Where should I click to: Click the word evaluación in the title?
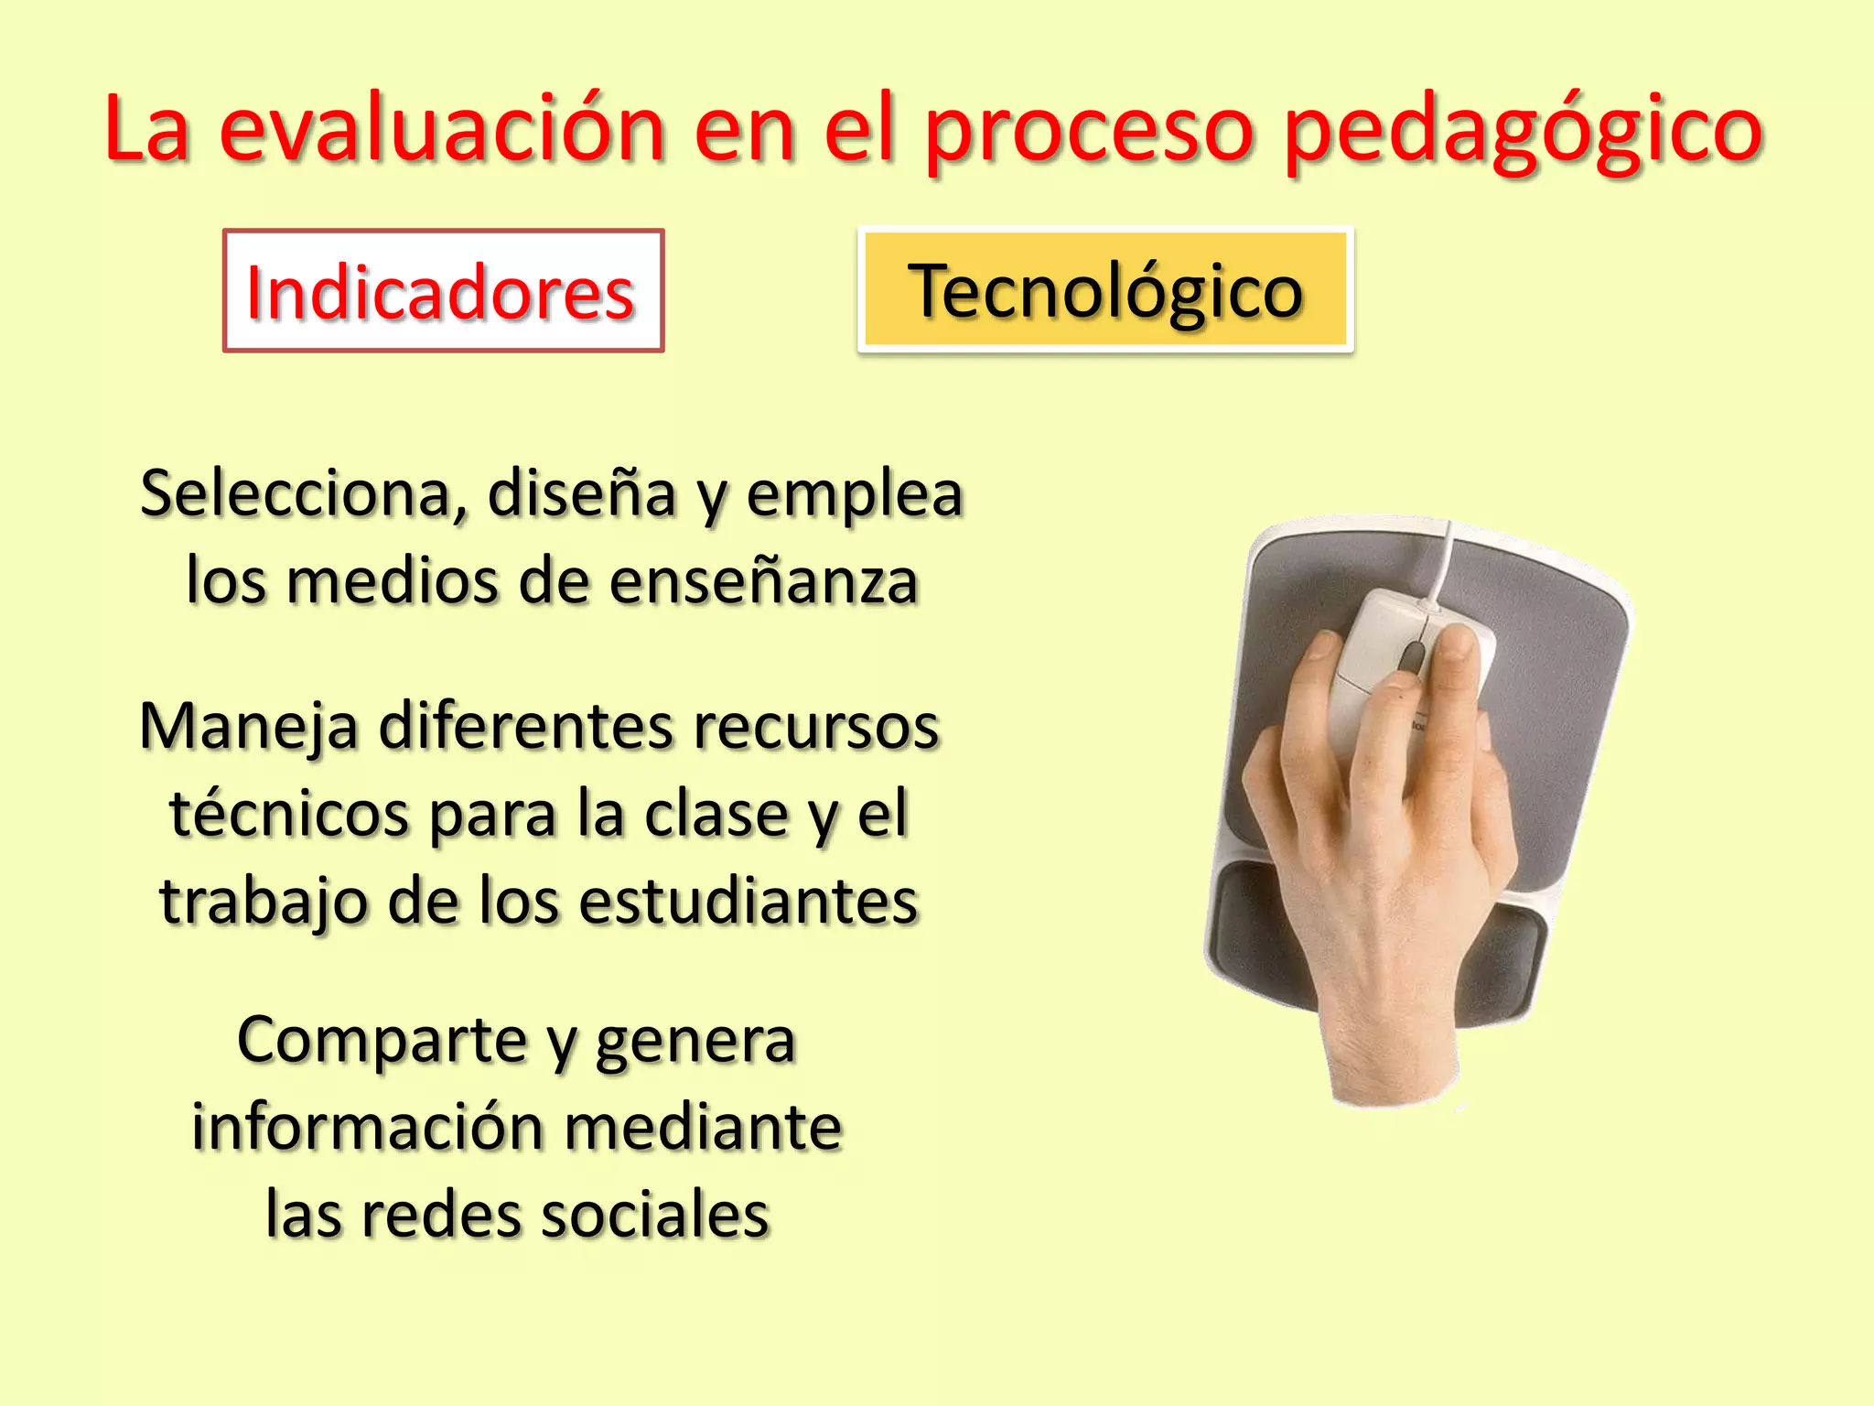pyautogui.click(x=441, y=130)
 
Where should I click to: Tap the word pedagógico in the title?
pyautogui.click(x=1523, y=130)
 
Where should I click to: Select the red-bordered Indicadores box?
pyautogui.click(x=443, y=291)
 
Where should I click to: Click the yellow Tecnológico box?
pyautogui.click(x=1105, y=290)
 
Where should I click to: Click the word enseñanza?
pyautogui.click(x=763, y=582)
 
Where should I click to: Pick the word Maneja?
pyautogui.click(x=248, y=727)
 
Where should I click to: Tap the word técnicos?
pyautogui.click(x=289, y=814)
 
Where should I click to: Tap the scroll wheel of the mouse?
pyautogui.click(x=1412, y=656)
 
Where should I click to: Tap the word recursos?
pyautogui.click(x=815, y=727)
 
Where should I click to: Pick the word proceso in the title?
pyautogui.click(x=1089, y=130)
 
